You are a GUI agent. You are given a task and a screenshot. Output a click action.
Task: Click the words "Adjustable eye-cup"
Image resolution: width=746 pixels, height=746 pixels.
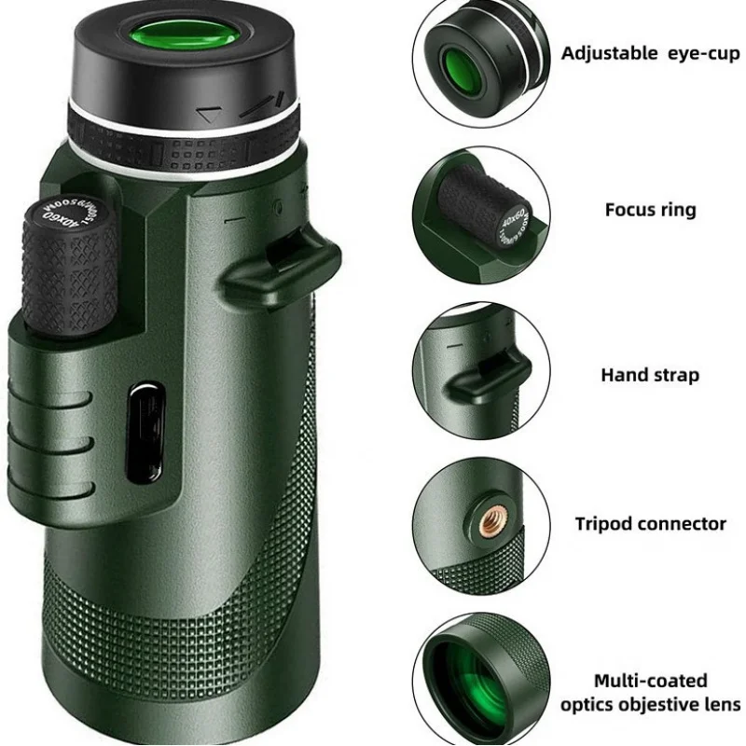(650, 53)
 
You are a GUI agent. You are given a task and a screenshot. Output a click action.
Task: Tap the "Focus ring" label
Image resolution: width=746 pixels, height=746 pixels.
(650, 209)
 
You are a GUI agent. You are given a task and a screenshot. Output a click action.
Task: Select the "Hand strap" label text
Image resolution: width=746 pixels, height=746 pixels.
(650, 375)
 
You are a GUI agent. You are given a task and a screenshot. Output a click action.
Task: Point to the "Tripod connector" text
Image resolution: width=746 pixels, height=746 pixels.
(650, 523)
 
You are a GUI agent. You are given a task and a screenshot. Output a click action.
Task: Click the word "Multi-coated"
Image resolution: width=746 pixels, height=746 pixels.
(650, 681)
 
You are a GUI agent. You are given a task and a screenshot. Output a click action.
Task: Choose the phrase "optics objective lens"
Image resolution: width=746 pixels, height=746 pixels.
(650, 704)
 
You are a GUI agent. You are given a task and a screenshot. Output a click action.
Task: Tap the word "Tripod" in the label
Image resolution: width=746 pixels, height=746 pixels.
(607, 523)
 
